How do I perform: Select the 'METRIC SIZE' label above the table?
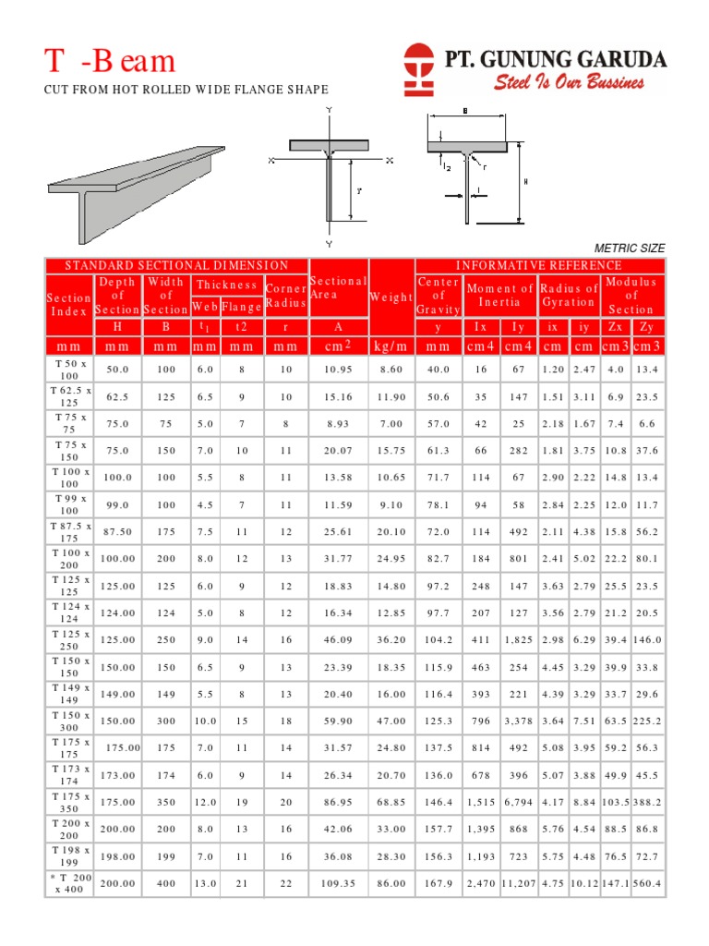tap(629, 248)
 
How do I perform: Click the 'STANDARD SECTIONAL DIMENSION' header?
tap(175, 266)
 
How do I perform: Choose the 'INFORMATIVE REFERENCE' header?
tap(538, 266)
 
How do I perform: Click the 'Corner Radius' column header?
tap(285, 297)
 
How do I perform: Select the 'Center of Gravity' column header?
tap(438, 296)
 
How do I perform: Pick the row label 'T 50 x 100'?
tap(69, 370)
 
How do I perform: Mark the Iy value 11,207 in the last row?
tap(518, 884)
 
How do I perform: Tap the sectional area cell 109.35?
tap(338, 884)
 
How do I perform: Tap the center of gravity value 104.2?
tap(438, 639)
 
